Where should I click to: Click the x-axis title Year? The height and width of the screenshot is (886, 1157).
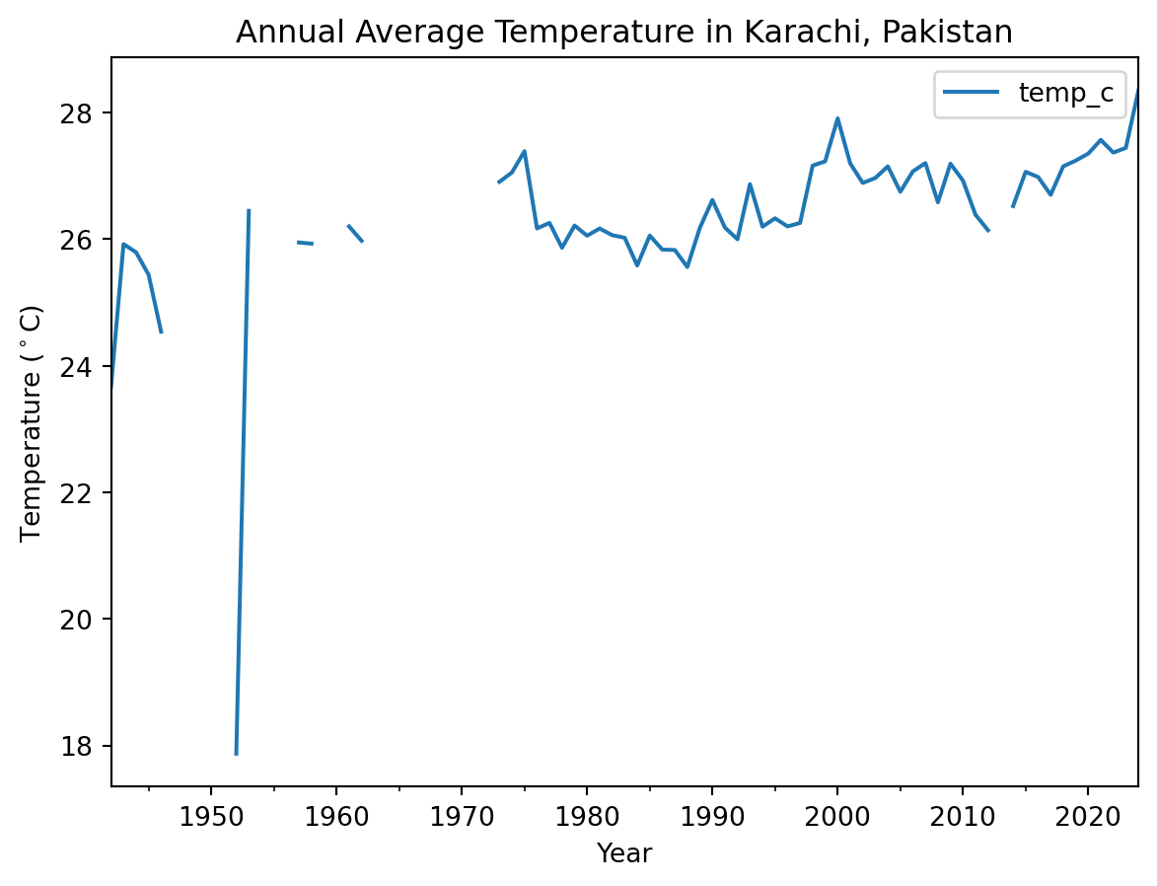(x=624, y=853)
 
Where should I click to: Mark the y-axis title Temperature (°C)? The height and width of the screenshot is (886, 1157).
(x=33, y=422)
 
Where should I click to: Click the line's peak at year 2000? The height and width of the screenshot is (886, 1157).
(x=837, y=118)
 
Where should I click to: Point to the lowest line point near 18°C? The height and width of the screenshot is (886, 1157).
(x=236, y=754)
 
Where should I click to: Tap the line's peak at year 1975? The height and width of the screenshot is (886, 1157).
(x=524, y=151)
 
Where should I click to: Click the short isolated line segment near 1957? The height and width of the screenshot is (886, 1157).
(x=305, y=243)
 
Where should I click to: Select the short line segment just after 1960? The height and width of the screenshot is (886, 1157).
(x=355, y=233)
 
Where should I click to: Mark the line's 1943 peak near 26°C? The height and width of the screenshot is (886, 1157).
(x=123, y=244)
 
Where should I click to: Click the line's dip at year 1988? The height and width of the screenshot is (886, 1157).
(x=687, y=266)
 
